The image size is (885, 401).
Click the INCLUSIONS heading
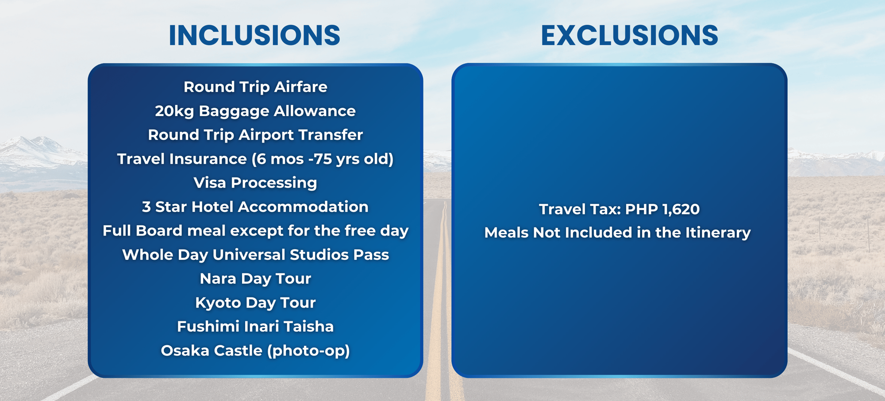(254, 35)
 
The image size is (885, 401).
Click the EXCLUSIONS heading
(629, 35)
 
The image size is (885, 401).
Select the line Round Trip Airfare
(255, 87)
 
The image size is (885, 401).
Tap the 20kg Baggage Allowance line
(255, 111)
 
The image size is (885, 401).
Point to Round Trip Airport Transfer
(255, 135)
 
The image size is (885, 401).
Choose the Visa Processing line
(255, 183)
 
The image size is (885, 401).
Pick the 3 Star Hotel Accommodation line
(255, 207)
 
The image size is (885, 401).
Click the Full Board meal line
(255, 231)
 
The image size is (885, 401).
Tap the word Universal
(249, 254)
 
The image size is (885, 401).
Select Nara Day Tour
(255, 279)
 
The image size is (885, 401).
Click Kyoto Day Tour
(255, 303)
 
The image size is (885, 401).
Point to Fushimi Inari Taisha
(255, 327)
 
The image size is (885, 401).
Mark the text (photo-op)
(308, 351)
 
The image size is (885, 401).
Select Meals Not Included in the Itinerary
(618, 233)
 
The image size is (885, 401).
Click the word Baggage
(234, 112)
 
